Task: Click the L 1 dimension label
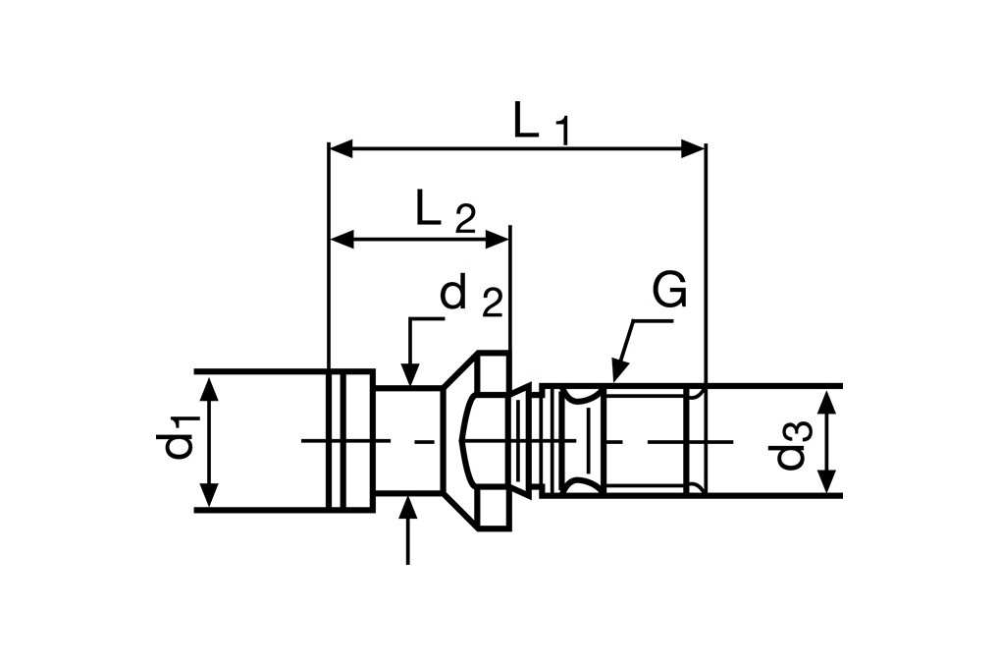tap(541, 123)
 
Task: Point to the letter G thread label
tap(669, 292)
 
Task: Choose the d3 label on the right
tap(790, 443)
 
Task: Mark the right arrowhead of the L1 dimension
tap(693, 149)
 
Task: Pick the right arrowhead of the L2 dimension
tap(498, 238)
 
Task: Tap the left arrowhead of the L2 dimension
tap(341, 238)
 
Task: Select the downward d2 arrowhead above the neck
tap(409, 374)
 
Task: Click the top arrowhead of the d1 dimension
tap(208, 384)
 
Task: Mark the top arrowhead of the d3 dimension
tap(827, 400)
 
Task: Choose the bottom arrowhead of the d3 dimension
tap(827, 482)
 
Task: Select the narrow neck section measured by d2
tap(407, 440)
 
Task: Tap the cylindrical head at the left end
tap(350, 440)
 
